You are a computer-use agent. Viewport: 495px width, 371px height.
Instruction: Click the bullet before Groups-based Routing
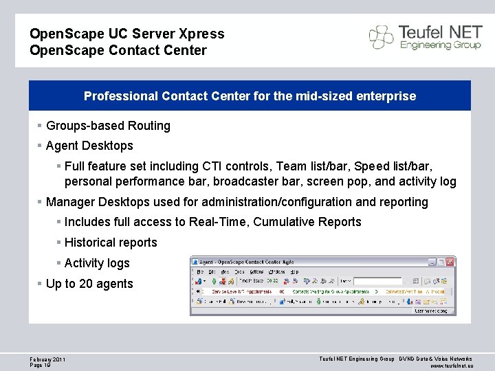41,126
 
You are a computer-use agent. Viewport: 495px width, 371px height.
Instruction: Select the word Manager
71,202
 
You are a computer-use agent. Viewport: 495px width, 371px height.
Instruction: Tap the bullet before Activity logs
59,263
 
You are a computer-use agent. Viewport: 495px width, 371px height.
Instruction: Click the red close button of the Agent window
450,262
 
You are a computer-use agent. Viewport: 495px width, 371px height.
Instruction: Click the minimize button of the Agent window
431,262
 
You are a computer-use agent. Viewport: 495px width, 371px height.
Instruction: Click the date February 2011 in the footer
47,359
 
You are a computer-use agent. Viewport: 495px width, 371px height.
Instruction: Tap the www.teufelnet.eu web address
450,366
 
